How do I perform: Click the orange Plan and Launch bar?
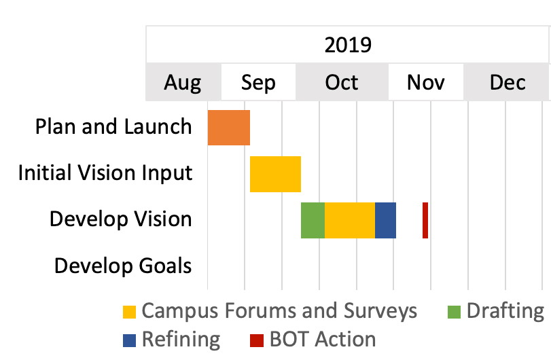pos(229,128)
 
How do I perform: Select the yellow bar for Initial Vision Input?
pos(276,174)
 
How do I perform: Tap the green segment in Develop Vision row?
pos(313,220)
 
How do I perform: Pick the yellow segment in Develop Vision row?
pos(350,220)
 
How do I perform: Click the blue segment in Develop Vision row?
pos(385,220)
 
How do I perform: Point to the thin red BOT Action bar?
pos(425,220)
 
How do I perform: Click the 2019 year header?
pos(348,45)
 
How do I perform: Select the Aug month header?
pos(183,83)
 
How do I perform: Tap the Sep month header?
pos(258,84)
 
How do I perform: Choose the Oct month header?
pos(342,83)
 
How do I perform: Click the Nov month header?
pos(425,83)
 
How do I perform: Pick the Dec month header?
pos(508,83)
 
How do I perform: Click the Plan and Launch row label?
pos(113,126)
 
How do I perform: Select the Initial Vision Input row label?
pos(105,173)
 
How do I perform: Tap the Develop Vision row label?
pos(121,219)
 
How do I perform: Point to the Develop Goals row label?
pos(123,265)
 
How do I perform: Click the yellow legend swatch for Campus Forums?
pos(129,312)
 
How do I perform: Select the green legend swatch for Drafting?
pos(454,312)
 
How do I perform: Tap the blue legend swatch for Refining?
pos(129,340)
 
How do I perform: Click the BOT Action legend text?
pos(323,339)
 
